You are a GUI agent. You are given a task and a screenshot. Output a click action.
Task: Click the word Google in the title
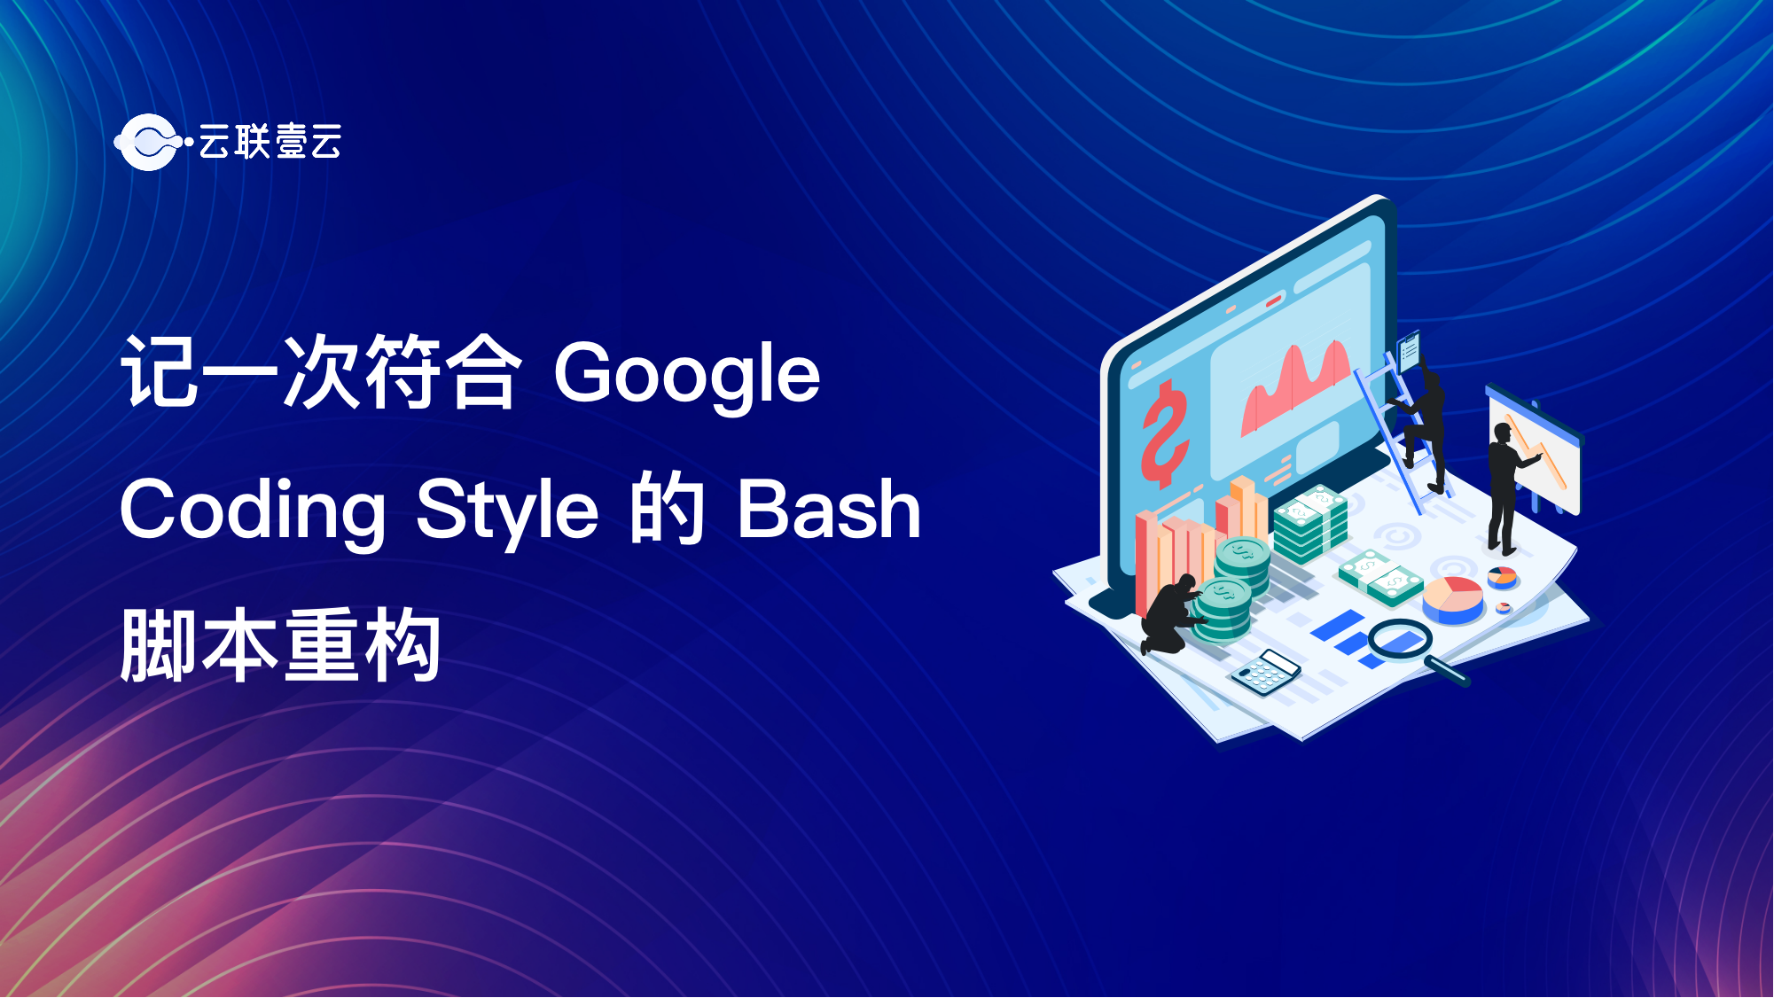tap(687, 375)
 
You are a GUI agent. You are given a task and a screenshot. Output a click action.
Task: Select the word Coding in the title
tap(253, 511)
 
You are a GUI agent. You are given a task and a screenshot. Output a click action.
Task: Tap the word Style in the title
tap(507, 511)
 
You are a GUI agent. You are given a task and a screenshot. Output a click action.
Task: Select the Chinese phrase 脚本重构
tap(280, 644)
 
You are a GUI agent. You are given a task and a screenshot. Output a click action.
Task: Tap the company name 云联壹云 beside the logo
tap(270, 142)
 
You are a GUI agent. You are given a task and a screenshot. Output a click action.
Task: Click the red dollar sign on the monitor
tap(1164, 433)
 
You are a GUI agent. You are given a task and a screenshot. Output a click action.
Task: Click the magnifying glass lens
tap(1400, 638)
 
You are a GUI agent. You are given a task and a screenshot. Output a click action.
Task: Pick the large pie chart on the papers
tap(1453, 599)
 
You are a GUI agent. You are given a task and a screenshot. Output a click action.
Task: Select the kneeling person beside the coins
tap(1172, 614)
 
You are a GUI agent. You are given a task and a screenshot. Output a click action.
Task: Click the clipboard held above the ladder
tap(1409, 351)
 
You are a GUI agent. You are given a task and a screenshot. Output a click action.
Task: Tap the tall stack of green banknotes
tap(1310, 525)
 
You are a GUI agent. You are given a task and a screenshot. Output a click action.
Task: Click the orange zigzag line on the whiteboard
tap(1537, 451)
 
